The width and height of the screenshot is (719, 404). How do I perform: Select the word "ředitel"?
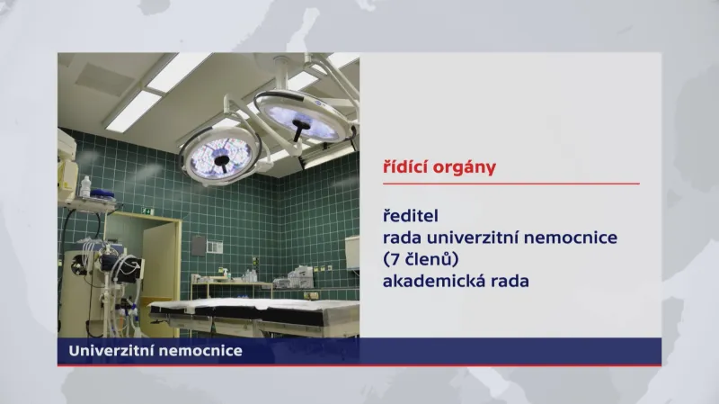point(409,217)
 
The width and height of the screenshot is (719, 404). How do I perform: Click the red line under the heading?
point(510,184)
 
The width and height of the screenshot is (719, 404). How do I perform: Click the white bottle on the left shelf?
point(85,187)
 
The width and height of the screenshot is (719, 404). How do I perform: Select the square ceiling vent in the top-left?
point(106,78)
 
